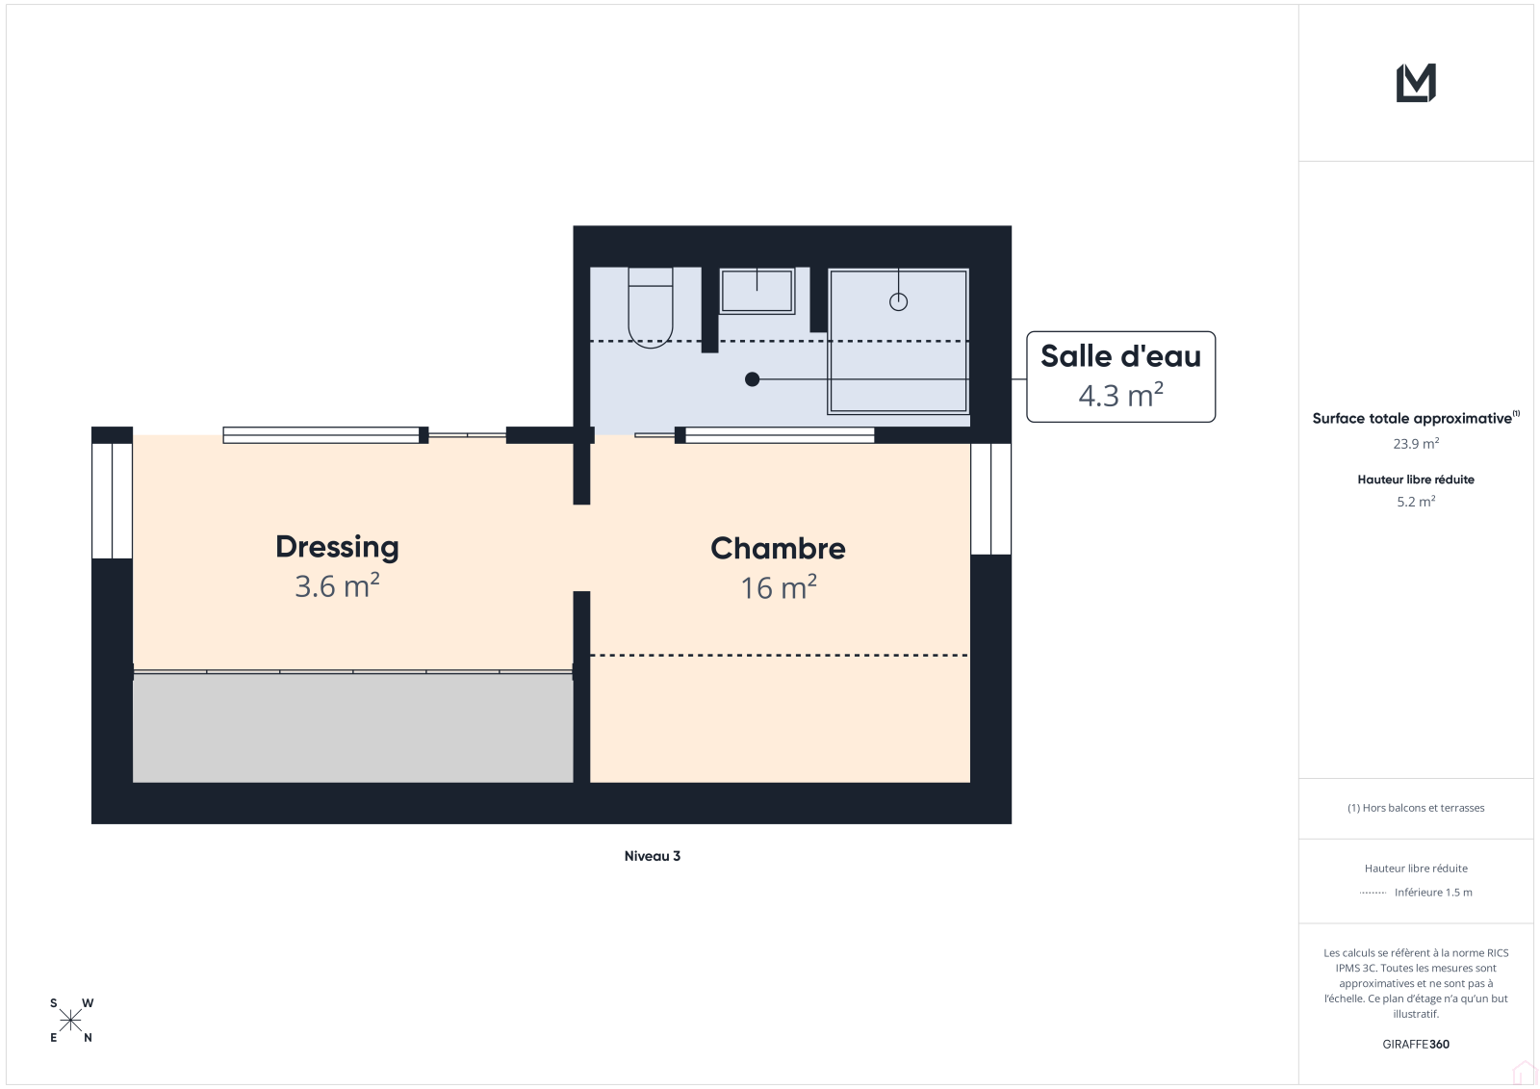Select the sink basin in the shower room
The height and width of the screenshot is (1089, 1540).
757,291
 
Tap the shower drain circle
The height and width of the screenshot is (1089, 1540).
898,301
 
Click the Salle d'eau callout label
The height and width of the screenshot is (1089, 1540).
1120,376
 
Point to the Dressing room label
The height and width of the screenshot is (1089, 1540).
337,547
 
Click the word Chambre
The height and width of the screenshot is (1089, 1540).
778,548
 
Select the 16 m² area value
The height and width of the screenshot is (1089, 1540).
779,587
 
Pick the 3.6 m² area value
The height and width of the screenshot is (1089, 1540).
337,586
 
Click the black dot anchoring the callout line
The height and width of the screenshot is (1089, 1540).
752,379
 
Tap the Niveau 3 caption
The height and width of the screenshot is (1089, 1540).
652,856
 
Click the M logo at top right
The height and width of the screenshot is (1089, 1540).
1416,83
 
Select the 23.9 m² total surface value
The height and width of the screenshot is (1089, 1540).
1416,444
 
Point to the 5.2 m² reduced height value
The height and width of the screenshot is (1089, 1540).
1416,502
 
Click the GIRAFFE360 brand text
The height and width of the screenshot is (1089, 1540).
1416,1044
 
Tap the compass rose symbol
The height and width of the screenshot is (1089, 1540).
71,1021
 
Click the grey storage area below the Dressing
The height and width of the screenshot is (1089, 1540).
352,728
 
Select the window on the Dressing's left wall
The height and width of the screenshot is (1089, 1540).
112,501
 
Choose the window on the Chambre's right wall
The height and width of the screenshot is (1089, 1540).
990,499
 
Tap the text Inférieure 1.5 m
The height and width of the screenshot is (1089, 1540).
1433,893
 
